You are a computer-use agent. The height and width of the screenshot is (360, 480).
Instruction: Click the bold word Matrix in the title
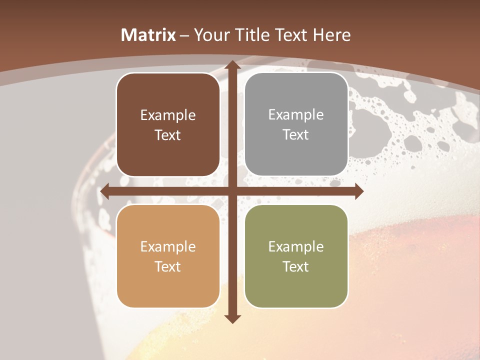point(148,35)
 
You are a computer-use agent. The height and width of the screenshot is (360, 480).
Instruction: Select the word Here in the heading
point(332,35)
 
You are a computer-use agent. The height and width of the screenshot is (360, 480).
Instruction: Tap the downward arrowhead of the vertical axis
point(232,319)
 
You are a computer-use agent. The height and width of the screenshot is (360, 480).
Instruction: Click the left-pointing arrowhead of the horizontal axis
point(104,191)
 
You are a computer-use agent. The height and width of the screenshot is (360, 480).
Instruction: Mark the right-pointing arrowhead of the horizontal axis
point(359,191)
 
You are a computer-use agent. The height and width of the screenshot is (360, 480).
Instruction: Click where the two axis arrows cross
point(232,191)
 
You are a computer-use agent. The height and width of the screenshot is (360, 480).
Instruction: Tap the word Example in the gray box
point(296,114)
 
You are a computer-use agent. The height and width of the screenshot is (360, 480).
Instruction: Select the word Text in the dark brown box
point(168,135)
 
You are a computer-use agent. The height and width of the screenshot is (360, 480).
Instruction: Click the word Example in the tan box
point(168,246)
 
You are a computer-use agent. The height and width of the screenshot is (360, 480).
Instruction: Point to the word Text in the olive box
point(296,266)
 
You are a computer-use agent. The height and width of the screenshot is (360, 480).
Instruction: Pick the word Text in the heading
point(292,35)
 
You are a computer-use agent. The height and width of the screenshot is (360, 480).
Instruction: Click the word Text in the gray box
point(296,134)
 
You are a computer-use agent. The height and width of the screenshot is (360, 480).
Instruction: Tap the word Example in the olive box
point(296,246)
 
